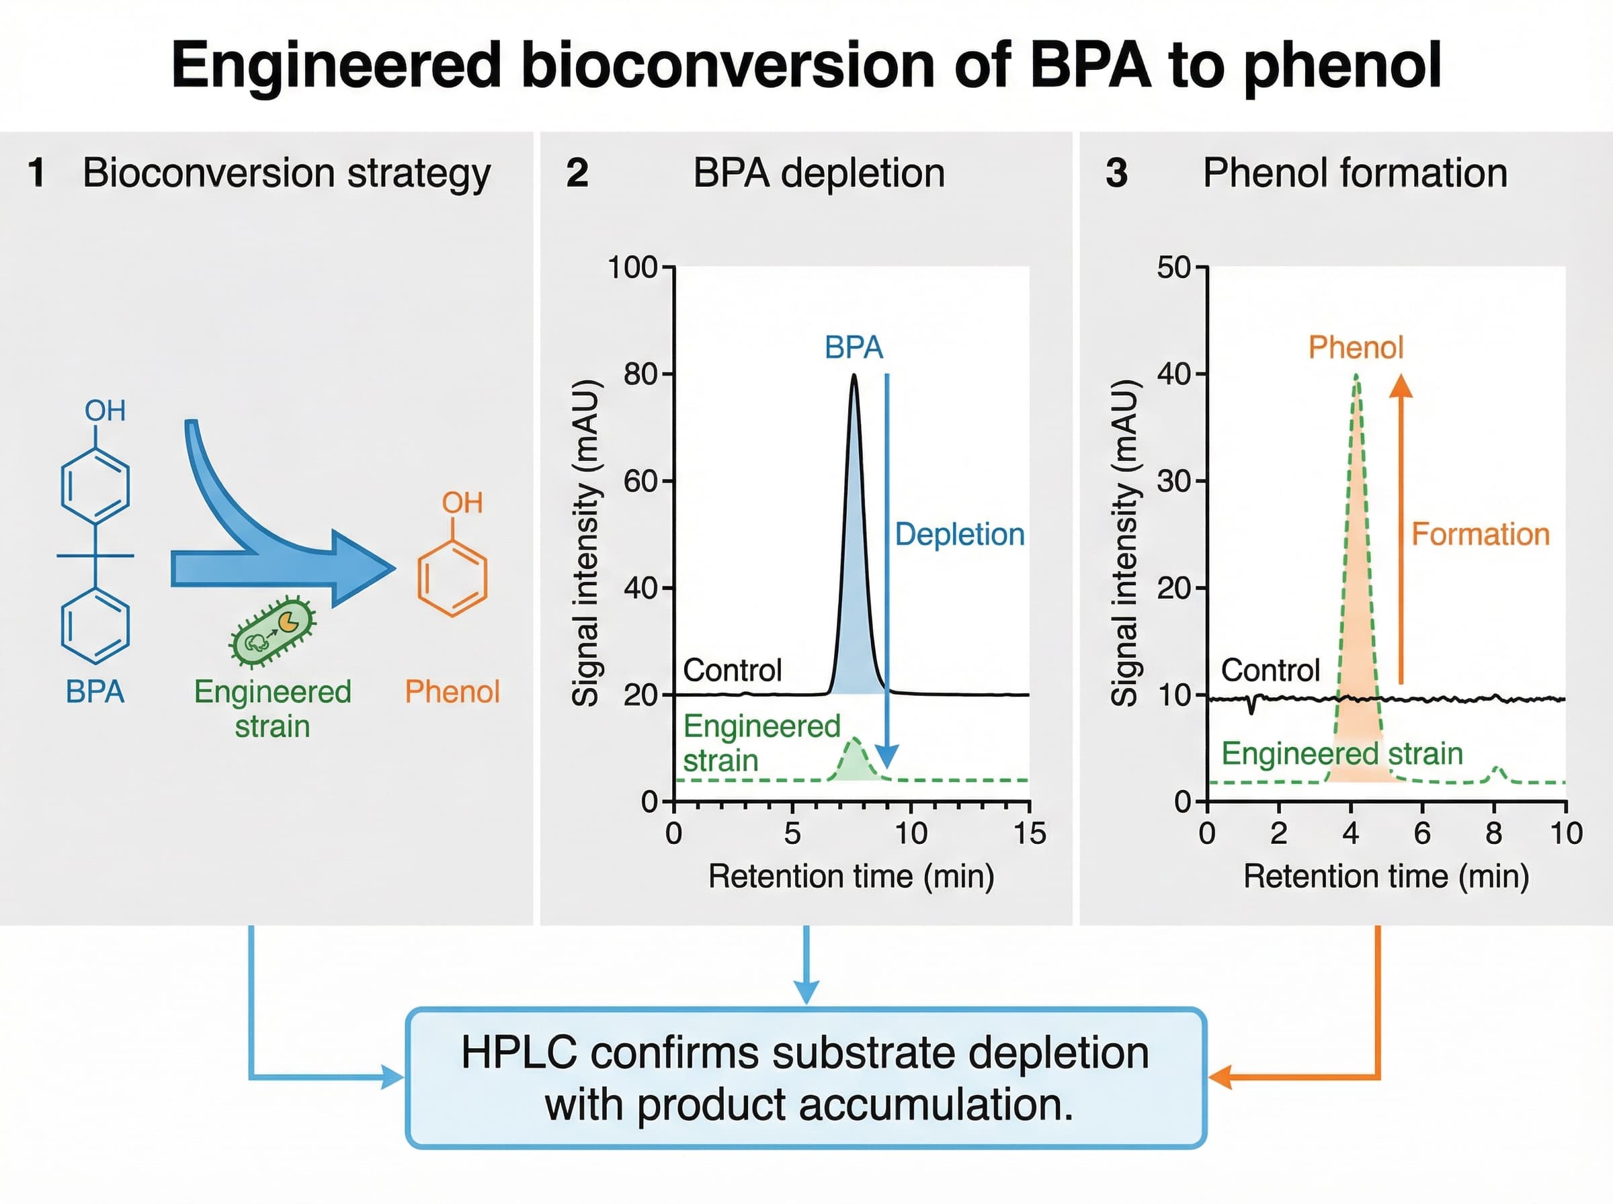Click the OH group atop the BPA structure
(105, 411)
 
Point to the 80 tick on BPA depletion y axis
(641, 375)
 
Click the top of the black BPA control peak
(854, 377)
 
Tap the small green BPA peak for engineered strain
(854, 758)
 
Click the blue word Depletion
(959, 534)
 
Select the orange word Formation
(1480, 534)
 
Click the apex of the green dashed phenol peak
(1356, 377)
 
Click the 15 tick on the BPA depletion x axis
(1029, 833)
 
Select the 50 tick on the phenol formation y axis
(1173, 267)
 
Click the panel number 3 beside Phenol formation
(1116, 173)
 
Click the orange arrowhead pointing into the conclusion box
(1219, 1076)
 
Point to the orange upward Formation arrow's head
(1400, 386)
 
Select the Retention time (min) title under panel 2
(852, 876)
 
